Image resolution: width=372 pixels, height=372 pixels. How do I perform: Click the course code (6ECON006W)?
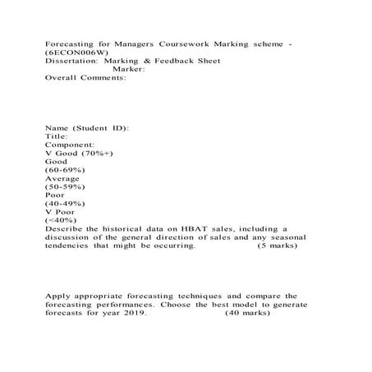pos(73,51)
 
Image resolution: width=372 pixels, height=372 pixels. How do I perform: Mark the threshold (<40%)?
pos(60,220)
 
